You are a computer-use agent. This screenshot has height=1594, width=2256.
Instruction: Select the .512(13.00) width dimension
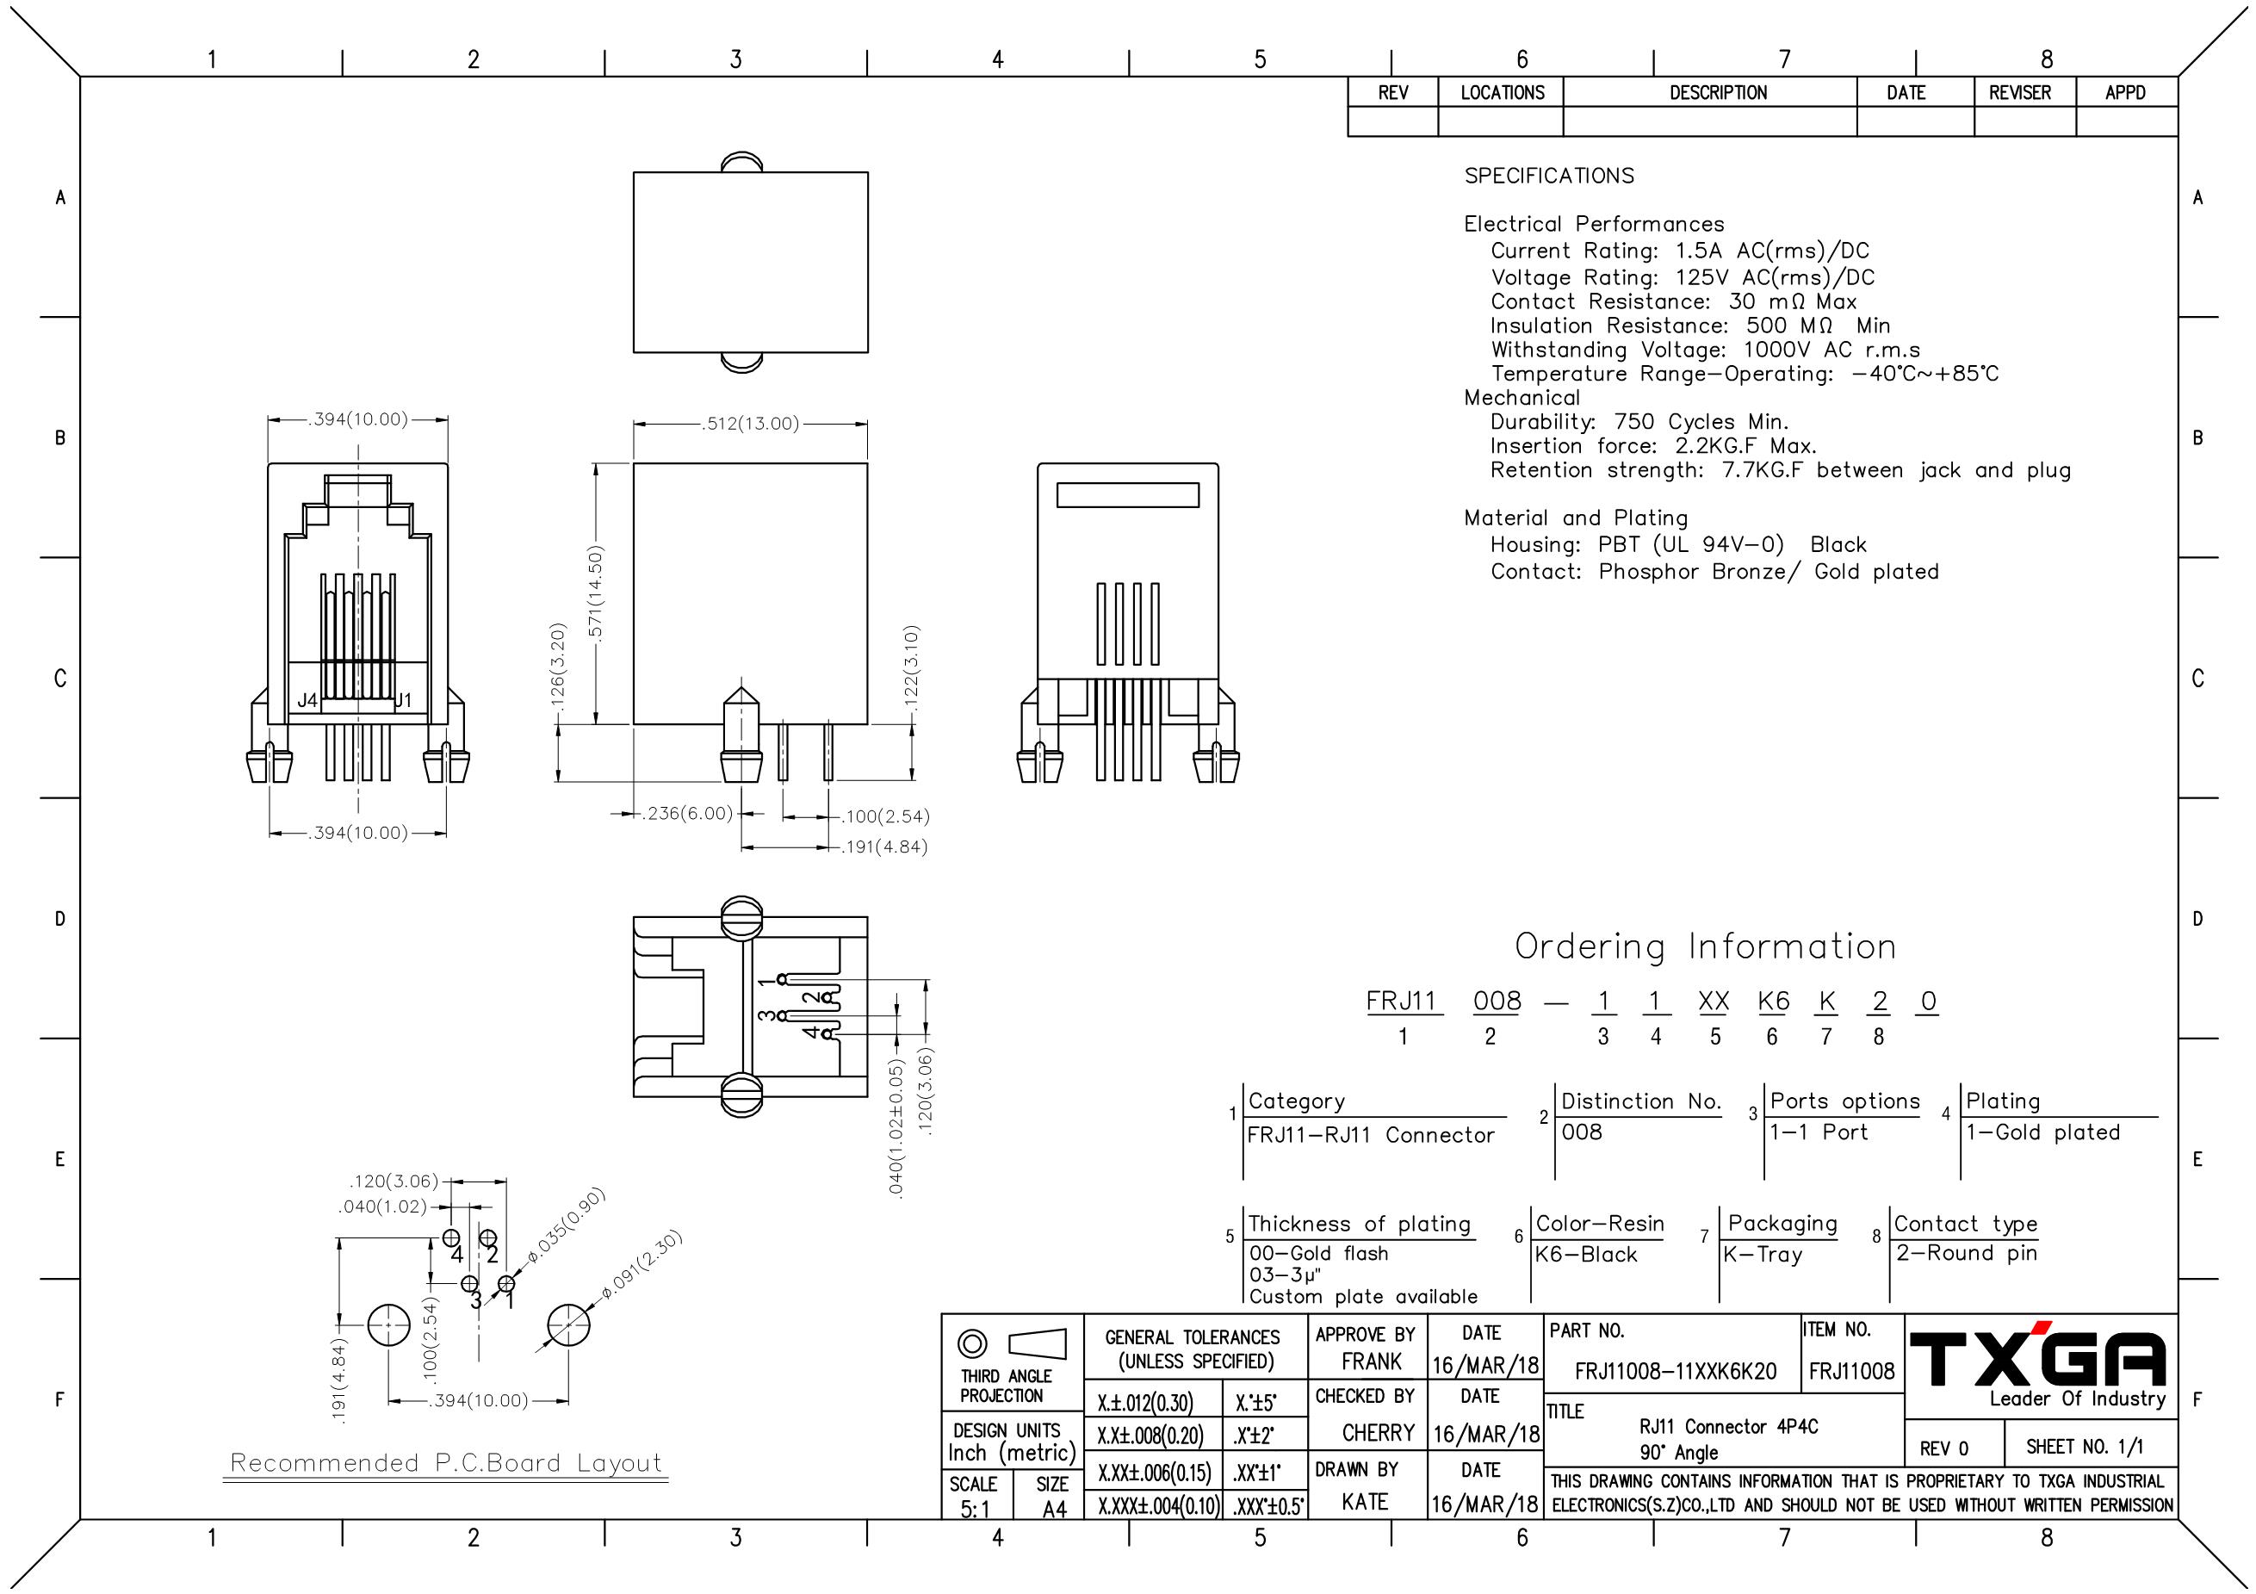[751, 424]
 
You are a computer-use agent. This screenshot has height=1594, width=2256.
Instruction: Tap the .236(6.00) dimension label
[688, 814]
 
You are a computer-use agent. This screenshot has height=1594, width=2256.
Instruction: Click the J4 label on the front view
[307, 701]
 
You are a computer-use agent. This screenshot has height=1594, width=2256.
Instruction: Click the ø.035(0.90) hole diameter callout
[566, 1226]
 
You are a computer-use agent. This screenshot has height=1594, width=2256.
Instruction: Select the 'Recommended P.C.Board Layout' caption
[446, 1462]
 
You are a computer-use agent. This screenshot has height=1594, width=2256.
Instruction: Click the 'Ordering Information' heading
[1705, 946]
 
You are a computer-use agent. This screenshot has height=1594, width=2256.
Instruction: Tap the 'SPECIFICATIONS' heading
[1548, 176]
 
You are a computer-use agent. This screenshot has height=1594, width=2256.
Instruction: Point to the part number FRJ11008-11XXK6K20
[1676, 1372]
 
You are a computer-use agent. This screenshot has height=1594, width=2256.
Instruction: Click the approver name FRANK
[1372, 1362]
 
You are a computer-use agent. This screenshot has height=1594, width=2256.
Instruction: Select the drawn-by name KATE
[1366, 1502]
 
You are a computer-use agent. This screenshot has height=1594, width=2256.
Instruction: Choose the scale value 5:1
[975, 1510]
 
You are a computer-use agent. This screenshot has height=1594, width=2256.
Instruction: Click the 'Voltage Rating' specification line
[1683, 278]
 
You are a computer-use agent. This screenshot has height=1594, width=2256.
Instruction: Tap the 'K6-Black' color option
[1586, 1255]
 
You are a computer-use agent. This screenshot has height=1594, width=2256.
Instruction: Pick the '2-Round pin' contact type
[1966, 1253]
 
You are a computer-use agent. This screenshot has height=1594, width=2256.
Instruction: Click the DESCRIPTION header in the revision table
[1718, 92]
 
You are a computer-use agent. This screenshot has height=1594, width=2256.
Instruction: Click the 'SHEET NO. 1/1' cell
[2085, 1447]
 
